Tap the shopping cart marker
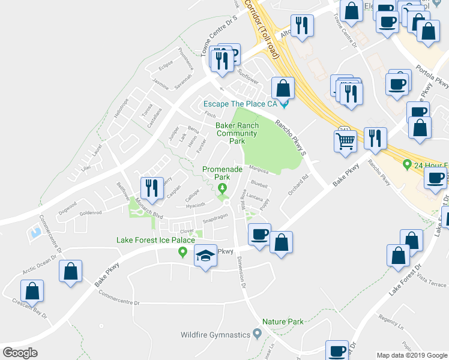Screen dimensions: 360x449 tap(346, 142)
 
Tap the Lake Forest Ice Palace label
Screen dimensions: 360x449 tap(155, 241)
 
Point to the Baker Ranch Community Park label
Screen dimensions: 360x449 tap(238, 133)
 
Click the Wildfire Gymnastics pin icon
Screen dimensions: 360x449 tap(258, 333)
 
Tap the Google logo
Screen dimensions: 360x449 tap(20, 352)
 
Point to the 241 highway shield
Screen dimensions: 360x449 tap(344, 128)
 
